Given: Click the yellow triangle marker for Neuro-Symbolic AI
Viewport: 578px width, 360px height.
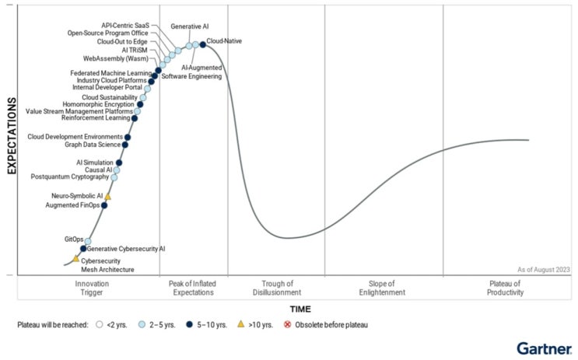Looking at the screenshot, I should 108,197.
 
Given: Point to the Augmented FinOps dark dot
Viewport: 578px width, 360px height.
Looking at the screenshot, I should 104,205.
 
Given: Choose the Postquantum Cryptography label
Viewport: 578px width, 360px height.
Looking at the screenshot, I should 70,177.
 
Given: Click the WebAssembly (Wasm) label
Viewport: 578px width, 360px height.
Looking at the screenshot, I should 115,58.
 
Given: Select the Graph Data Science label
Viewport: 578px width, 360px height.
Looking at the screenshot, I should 93,145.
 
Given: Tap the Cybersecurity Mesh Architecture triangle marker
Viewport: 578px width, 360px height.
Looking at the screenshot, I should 75,258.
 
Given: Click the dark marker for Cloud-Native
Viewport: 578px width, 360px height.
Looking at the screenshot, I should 203,44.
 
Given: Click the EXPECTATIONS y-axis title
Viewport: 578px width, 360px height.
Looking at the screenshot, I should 12,136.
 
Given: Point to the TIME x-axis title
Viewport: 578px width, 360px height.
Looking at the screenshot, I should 300,309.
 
